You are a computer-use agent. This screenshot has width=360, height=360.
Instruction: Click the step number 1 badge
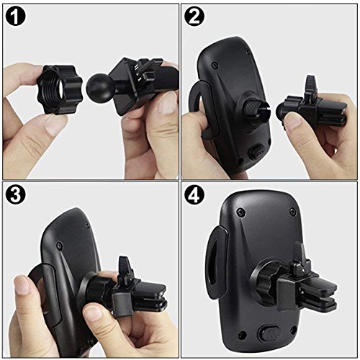[15, 17]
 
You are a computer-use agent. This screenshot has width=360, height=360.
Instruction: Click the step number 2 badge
[194, 17]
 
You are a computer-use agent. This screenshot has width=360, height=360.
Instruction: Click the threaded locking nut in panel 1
[59, 89]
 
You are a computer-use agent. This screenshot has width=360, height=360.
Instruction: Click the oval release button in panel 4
[269, 333]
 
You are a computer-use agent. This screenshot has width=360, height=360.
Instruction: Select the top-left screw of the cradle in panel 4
[240, 211]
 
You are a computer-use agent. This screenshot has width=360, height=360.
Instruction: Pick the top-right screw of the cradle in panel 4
[292, 212]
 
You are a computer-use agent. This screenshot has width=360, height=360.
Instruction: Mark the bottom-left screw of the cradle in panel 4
[240, 335]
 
